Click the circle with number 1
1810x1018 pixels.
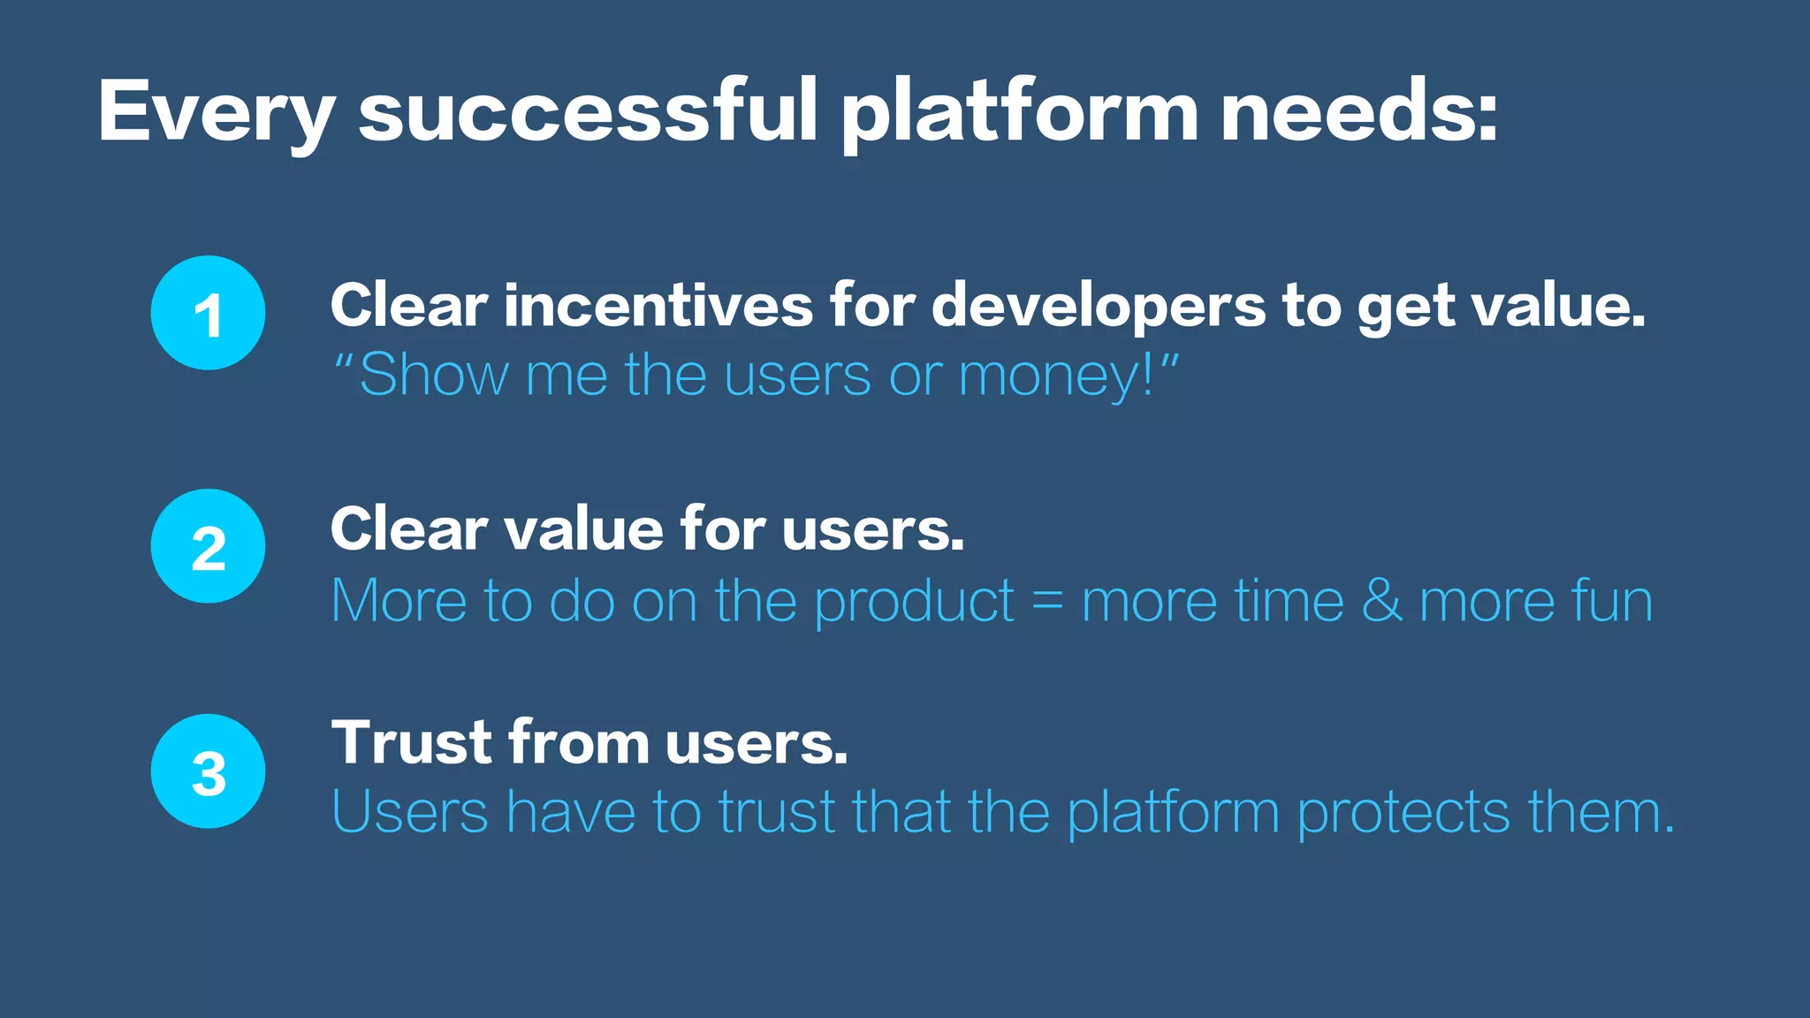pos(208,313)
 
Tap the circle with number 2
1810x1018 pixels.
pos(208,546)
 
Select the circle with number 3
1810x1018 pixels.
pos(208,771)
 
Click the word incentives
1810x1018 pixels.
pos(658,306)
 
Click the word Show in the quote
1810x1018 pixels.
pos(433,375)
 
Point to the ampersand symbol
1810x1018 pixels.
pos(1381,601)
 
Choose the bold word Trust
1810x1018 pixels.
pos(410,742)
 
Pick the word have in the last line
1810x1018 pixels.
pos(571,811)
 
